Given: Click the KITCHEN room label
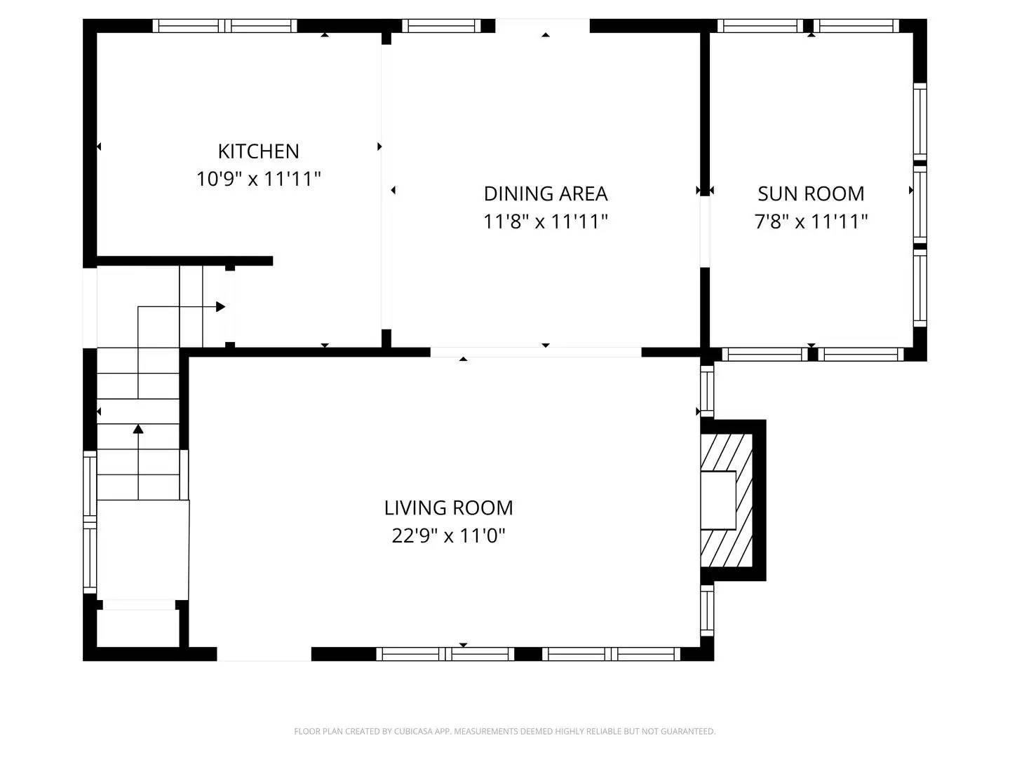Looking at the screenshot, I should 258,151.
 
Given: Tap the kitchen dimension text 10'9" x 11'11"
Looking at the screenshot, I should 258,179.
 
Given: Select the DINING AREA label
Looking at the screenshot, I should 545,193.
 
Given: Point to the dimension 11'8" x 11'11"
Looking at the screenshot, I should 545,221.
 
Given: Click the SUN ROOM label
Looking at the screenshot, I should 811,193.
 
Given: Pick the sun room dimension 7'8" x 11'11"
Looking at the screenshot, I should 811,221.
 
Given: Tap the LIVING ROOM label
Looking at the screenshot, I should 448,507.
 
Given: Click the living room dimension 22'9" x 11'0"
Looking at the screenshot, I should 448,536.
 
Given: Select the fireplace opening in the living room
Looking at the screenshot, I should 718,500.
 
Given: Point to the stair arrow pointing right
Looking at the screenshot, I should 220,306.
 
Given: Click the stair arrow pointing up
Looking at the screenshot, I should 138,428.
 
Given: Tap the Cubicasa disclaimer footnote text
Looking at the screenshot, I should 504,731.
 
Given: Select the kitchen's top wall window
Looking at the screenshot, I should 224,26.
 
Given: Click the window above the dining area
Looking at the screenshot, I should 441,26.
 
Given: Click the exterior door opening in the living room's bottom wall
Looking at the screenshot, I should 264,654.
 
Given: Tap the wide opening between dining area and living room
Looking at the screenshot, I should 535,352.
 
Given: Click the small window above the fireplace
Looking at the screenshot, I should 707,390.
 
